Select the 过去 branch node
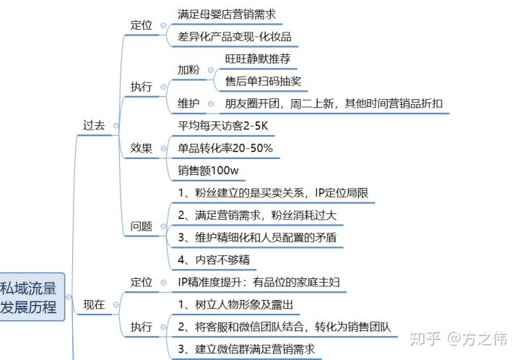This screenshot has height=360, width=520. (94, 125)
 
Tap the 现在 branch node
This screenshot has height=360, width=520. (94, 305)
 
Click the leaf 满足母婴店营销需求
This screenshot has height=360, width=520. (226, 14)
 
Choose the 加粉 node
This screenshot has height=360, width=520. (189, 69)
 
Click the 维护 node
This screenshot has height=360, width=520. (189, 103)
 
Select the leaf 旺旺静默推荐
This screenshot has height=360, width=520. (258, 59)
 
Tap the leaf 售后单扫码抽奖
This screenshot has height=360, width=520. (262, 80)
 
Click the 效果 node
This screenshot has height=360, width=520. (141, 148)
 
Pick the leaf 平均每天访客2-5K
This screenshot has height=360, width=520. (225, 126)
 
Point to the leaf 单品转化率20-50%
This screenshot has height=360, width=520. (225, 148)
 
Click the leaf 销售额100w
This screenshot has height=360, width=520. (209, 171)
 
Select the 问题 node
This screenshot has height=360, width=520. (141, 226)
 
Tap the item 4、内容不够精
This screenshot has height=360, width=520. (214, 260)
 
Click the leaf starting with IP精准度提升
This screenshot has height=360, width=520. (259, 282)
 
